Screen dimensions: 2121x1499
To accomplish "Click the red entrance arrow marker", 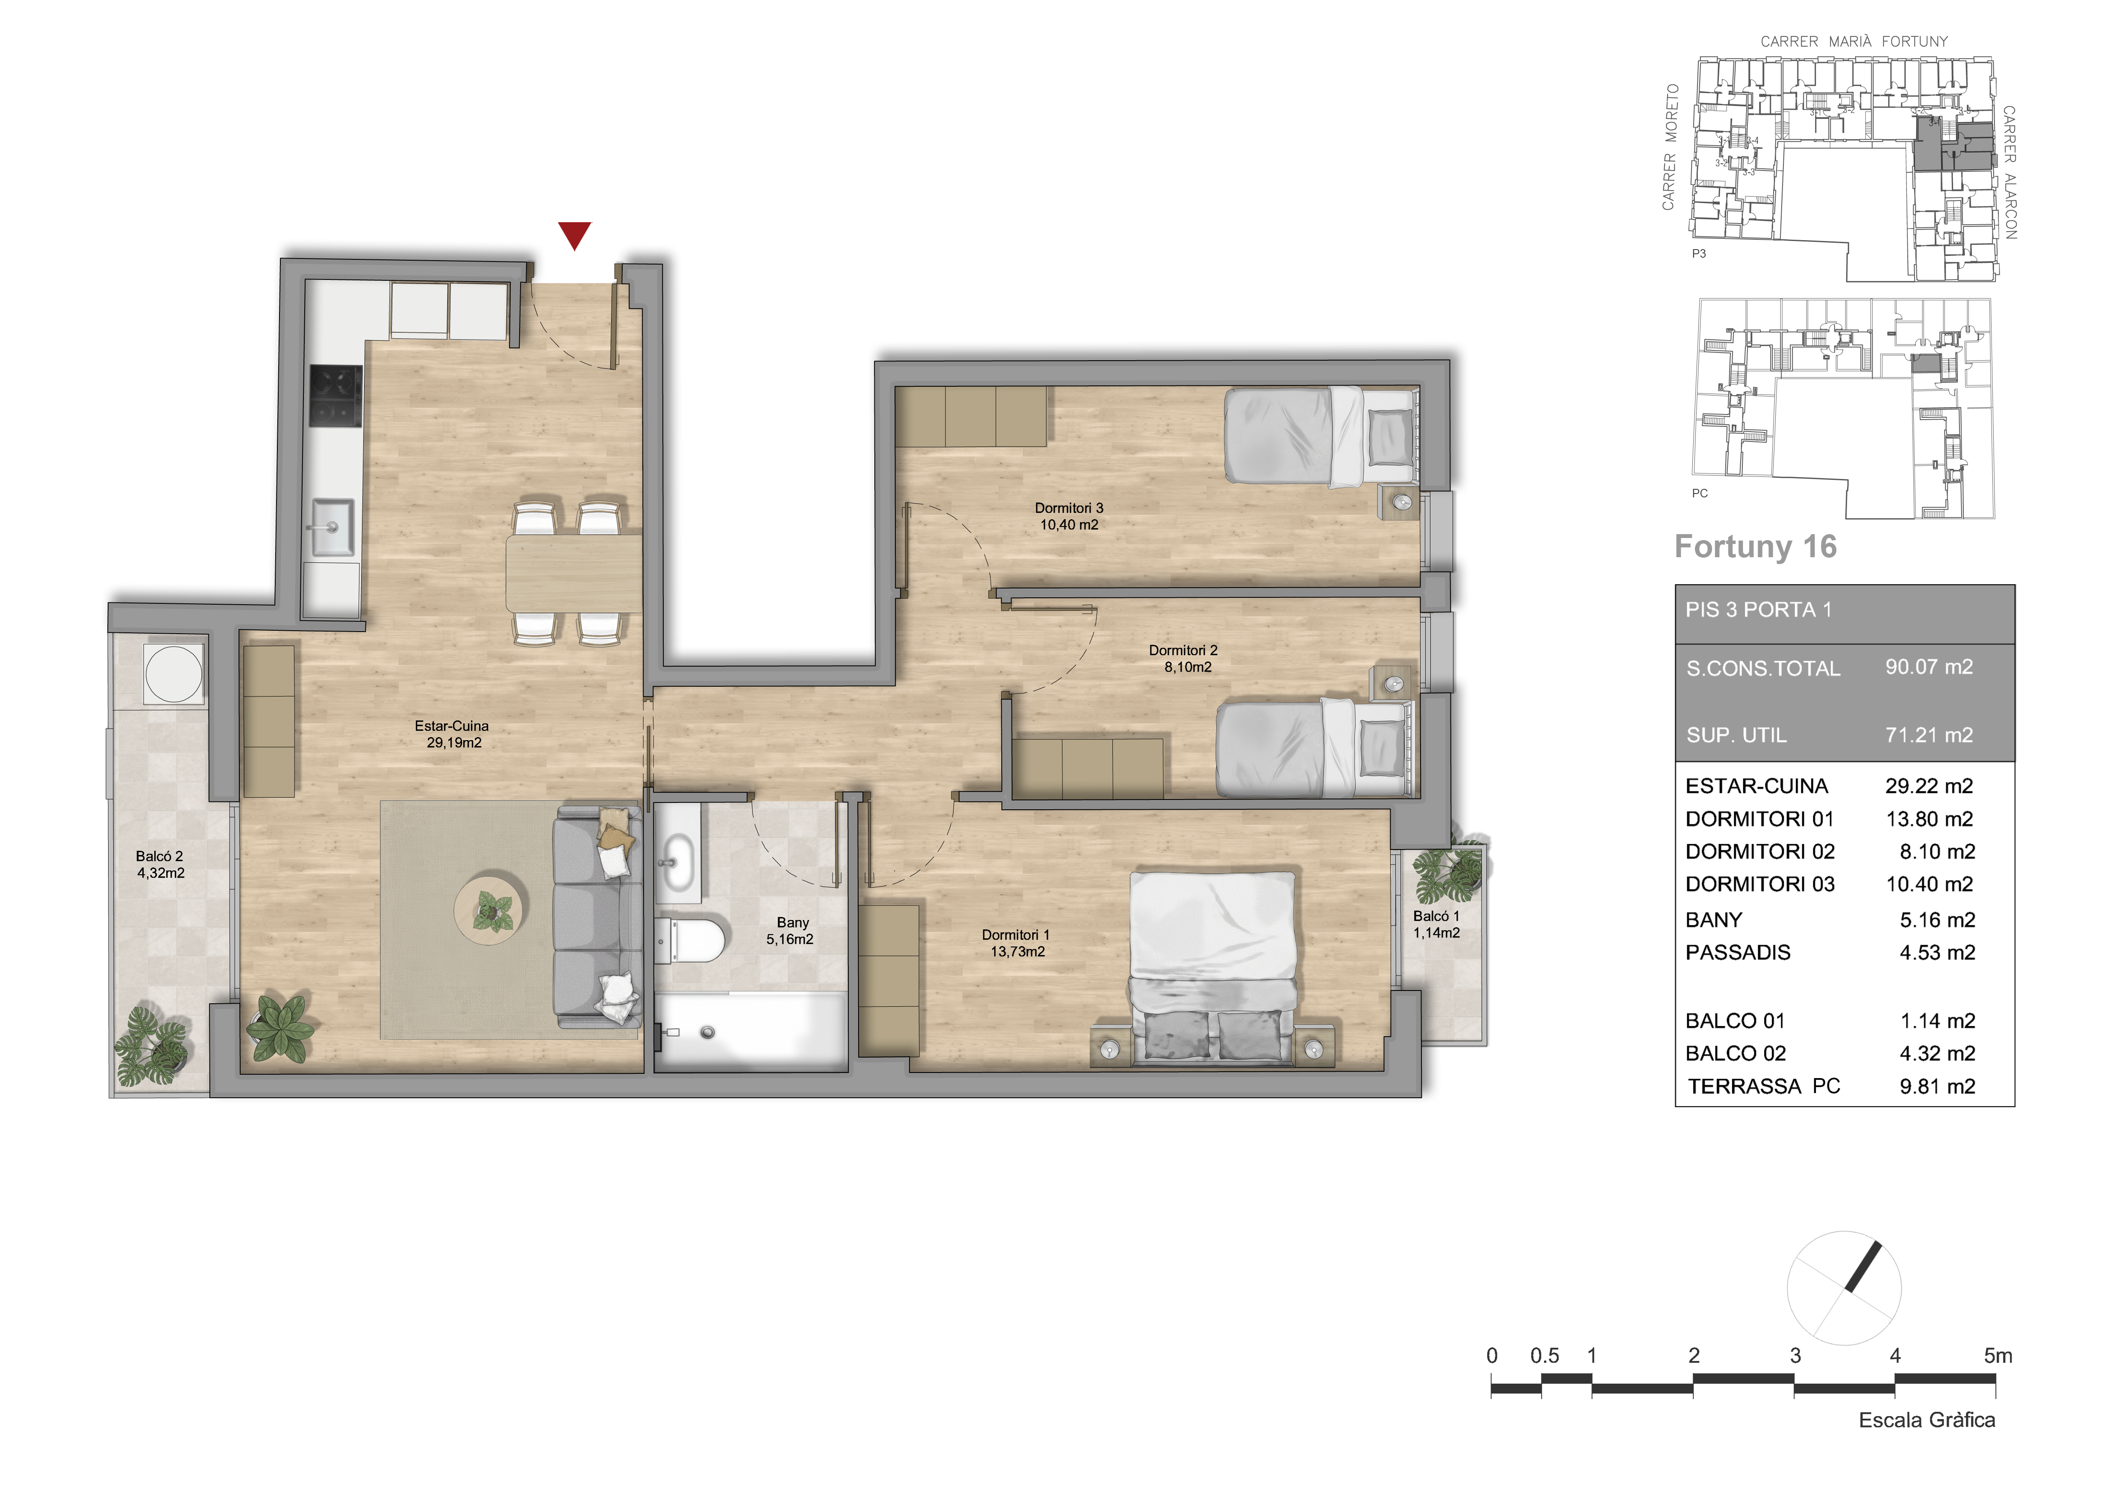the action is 575,235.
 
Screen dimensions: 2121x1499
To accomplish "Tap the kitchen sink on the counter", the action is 332,527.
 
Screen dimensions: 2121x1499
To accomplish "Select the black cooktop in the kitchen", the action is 334,395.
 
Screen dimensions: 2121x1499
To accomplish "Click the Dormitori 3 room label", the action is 1069,516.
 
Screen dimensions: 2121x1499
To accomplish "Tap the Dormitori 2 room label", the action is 1184,658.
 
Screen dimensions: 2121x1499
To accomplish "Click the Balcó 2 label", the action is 160,864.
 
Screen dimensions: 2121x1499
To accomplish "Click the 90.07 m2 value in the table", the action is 1929,667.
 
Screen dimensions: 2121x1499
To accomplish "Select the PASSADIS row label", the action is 1738,952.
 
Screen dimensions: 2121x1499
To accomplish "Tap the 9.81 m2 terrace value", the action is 1937,1086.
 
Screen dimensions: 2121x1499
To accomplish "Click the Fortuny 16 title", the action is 1755,547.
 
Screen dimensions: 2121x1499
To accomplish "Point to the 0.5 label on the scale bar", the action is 1544,1356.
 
